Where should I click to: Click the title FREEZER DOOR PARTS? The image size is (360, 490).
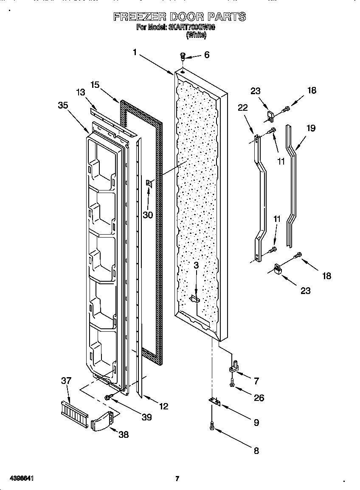pyautogui.click(x=180, y=17)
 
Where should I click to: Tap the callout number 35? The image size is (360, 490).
pyautogui.click(x=63, y=106)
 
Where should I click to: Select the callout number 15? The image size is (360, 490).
pyautogui.click(x=95, y=85)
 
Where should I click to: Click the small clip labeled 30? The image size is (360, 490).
pyautogui.click(x=149, y=183)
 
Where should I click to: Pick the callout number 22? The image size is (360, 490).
pyautogui.click(x=242, y=108)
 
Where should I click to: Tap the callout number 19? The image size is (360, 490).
pyautogui.click(x=311, y=128)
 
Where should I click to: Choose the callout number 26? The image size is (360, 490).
pyautogui.click(x=259, y=398)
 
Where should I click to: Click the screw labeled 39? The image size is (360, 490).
pyautogui.click(x=108, y=397)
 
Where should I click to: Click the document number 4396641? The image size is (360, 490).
pyautogui.click(x=18, y=479)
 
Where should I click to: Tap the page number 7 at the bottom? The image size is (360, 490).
pyautogui.click(x=177, y=479)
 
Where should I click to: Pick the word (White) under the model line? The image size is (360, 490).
pyautogui.click(x=196, y=36)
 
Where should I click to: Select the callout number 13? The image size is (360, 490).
pyautogui.click(x=81, y=92)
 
